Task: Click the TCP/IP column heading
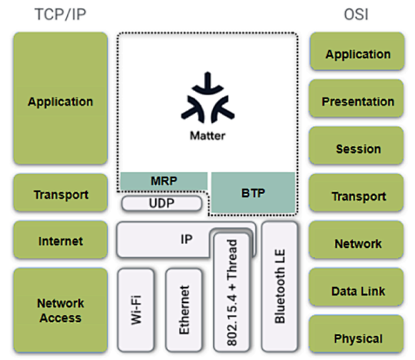[60, 15]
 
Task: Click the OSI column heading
[358, 15]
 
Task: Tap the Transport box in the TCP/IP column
[60, 194]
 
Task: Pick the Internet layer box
[60, 241]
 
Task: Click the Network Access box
[60, 310]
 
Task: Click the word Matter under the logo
[207, 135]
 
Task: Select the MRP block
[164, 181]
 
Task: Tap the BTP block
[253, 192]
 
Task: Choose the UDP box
[163, 203]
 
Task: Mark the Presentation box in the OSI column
[358, 102]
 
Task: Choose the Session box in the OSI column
[358, 149]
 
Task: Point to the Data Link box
[358, 291]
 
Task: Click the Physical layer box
[358, 338]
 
